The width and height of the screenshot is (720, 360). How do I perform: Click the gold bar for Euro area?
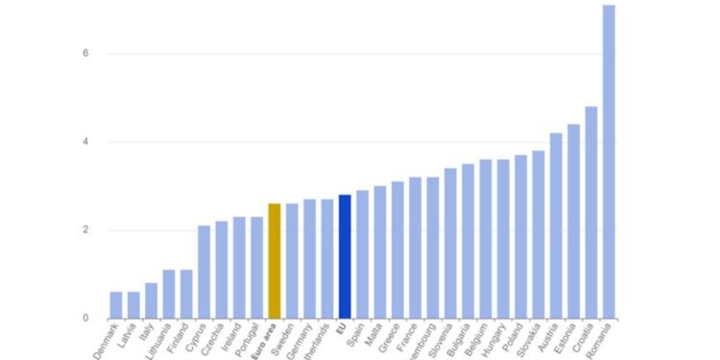point(274,261)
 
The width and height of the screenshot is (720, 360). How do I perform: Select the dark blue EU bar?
point(345,256)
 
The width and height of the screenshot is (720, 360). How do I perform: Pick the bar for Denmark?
point(115,305)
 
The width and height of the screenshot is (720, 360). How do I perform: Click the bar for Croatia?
point(591,212)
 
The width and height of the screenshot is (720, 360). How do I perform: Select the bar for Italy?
point(151,300)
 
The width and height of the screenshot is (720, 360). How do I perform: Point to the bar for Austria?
point(556,226)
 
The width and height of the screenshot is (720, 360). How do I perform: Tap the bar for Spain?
point(362,254)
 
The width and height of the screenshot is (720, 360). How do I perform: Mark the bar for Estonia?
point(573,221)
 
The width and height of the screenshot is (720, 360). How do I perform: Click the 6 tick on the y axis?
point(85,54)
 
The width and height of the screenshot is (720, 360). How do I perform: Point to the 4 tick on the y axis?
point(85,142)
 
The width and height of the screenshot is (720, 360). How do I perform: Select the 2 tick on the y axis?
point(85,230)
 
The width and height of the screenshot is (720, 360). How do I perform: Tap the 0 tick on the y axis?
point(85,319)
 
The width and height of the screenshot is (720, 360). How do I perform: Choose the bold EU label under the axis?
point(341,328)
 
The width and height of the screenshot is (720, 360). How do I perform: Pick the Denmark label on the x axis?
point(107,342)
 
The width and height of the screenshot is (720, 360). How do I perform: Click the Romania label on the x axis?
point(600,342)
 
